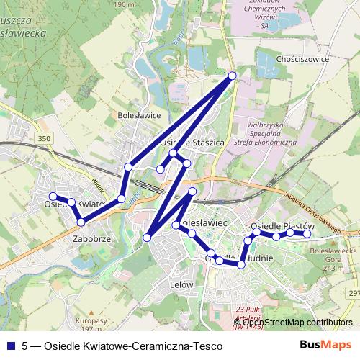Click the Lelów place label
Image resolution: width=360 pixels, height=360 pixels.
(x=181, y=284)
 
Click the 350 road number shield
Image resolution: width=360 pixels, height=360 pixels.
(x=45, y=138)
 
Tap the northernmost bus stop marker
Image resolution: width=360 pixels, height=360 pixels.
(x=233, y=76)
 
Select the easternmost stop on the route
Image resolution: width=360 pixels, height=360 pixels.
(x=307, y=234)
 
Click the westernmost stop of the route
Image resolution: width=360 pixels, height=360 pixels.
(x=52, y=197)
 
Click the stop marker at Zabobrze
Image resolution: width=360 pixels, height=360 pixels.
(x=81, y=221)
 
